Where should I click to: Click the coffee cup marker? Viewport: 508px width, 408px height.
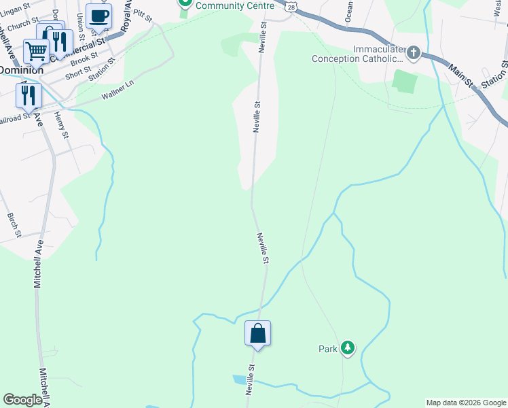(99, 16)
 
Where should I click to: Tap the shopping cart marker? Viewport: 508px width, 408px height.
(37, 51)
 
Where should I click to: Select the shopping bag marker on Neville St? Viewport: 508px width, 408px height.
(257, 334)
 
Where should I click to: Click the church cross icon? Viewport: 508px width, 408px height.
(413, 53)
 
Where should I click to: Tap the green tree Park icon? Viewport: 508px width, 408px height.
(348, 348)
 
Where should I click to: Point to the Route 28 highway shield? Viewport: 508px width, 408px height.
(291, 5)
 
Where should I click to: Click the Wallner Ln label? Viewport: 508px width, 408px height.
(118, 90)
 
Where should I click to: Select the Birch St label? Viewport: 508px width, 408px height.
(14, 224)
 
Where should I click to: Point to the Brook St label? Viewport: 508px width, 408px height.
(84, 60)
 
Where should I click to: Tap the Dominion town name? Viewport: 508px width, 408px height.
(20, 69)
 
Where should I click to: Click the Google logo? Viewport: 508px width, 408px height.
(22, 400)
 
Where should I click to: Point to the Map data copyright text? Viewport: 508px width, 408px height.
(465, 403)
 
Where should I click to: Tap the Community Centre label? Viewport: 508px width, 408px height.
(234, 5)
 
